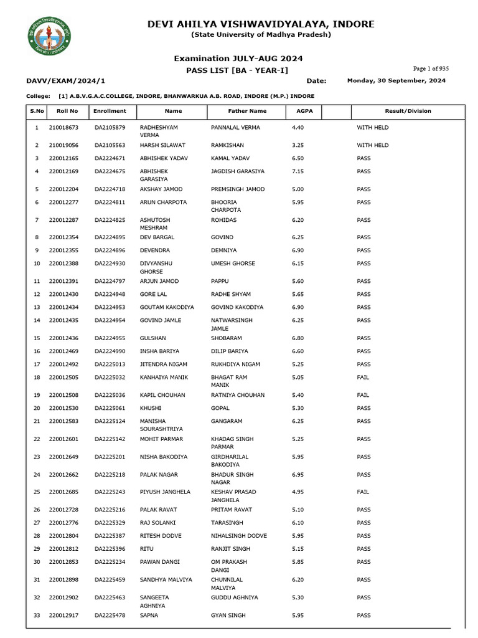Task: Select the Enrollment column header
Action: (x=110, y=111)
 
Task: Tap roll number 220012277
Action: (x=63, y=202)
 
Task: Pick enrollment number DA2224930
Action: (x=110, y=264)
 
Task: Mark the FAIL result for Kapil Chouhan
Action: (x=363, y=395)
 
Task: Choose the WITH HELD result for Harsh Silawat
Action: (x=372, y=145)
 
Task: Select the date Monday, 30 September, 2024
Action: (x=396, y=81)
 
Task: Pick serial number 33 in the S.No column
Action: (x=36, y=616)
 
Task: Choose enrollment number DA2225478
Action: (x=110, y=616)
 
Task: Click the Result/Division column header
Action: (x=408, y=111)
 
